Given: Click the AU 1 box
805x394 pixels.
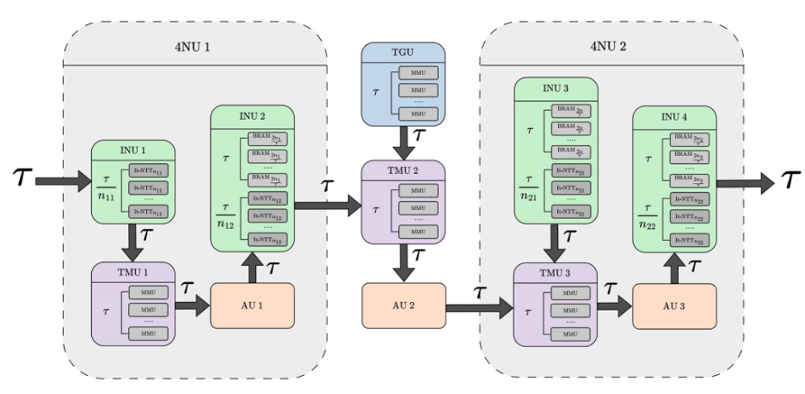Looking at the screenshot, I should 253,305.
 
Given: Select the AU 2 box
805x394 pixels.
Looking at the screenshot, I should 403,305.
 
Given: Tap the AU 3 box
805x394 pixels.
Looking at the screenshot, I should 673,305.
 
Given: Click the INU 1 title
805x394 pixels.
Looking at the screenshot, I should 133,150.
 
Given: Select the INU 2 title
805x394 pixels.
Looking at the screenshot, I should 253,116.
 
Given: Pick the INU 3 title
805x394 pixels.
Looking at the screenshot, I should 555,89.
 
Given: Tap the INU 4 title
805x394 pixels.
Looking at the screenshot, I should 673,116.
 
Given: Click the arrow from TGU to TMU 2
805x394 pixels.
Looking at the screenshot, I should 403,139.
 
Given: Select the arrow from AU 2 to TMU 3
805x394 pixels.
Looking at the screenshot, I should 478,305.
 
